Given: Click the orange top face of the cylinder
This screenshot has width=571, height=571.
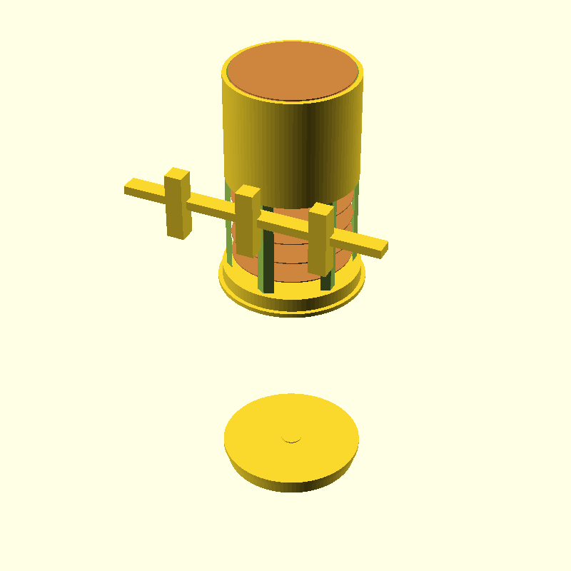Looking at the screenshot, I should point(293,71).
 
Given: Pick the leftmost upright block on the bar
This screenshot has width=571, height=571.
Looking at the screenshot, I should point(178,211).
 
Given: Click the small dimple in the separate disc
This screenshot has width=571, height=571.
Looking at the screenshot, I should point(291,438).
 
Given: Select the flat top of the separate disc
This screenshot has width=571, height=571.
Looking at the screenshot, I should point(271,428).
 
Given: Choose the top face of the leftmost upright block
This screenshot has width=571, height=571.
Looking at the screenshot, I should point(178,173).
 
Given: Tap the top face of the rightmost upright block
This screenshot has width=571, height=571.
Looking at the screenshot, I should point(321,208).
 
